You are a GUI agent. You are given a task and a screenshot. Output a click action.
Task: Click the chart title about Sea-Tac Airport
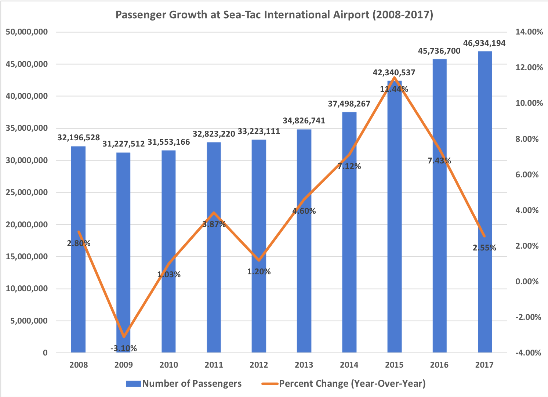(274, 15)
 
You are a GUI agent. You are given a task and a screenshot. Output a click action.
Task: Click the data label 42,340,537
(394, 73)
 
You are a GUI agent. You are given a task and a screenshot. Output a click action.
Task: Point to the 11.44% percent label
(394, 89)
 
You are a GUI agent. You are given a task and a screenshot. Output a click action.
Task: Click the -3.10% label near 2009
(124, 348)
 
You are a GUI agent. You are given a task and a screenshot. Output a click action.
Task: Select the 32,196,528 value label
(79, 138)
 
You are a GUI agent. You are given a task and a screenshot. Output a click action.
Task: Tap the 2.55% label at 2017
(484, 248)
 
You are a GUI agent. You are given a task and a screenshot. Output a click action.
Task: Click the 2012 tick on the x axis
(259, 365)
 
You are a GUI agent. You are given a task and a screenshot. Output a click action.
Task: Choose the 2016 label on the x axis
(439, 365)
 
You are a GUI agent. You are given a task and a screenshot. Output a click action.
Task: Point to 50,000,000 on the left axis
(27, 32)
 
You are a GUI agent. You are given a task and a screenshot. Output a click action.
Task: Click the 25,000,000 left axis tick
(27, 192)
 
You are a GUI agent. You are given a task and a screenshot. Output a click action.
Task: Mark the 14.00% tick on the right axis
(529, 32)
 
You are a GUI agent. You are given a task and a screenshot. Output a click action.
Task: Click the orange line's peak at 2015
(394, 77)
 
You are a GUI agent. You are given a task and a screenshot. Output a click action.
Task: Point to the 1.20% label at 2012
(259, 272)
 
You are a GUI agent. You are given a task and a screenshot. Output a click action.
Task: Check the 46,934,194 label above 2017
(484, 43)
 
